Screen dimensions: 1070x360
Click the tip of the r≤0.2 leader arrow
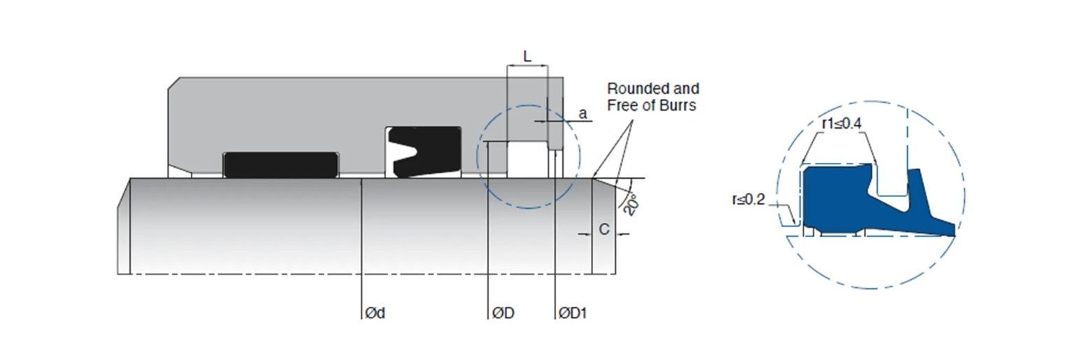[x=795, y=224]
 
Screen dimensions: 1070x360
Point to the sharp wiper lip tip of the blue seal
[x=955, y=234]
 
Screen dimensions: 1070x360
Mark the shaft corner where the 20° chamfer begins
[x=592, y=178]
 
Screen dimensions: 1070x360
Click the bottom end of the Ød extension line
[x=362, y=319]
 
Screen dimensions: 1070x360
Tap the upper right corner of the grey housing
[x=563, y=78]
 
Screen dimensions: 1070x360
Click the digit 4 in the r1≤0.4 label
[x=857, y=124]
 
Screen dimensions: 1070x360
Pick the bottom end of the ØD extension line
[x=487, y=319]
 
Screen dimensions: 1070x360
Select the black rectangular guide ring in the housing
[x=281, y=165]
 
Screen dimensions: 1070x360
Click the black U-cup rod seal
[x=425, y=152]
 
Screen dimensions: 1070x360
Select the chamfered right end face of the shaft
[x=604, y=226]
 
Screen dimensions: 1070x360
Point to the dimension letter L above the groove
[x=527, y=57]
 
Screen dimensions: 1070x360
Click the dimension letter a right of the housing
[x=583, y=114]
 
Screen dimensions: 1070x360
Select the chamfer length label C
[x=604, y=229]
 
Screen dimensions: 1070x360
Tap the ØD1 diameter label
[x=573, y=313]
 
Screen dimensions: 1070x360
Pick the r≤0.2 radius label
[x=748, y=199]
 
